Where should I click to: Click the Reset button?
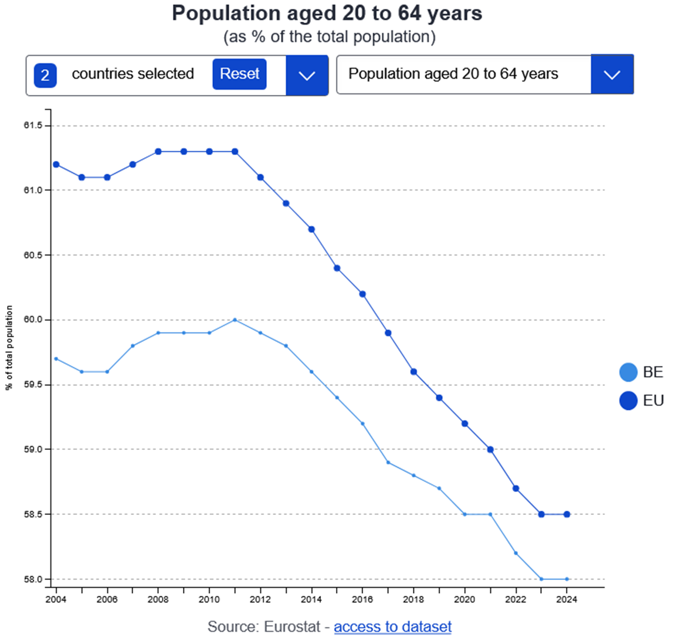pyautogui.click(x=239, y=74)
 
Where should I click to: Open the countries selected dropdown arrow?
pyautogui.click(x=307, y=75)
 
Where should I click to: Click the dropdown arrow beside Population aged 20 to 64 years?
pyautogui.click(x=612, y=74)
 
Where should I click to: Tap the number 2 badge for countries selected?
pyautogui.click(x=45, y=76)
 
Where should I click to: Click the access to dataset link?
pyautogui.click(x=392, y=626)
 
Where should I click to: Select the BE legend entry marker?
pyautogui.click(x=628, y=372)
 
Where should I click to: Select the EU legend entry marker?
pyautogui.click(x=628, y=401)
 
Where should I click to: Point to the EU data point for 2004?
pyautogui.click(x=56, y=164)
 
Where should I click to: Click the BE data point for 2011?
pyautogui.click(x=235, y=320)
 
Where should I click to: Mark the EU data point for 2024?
pyautogui.click(x=567, y=514)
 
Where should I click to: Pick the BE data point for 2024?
pyautogui.click(x=567, y=579)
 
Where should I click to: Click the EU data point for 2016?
pyautogui.click(x=362, y=294)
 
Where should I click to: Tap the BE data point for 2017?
pyautogui.click(x=388, y=462)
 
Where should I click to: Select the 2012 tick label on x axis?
pyautogui.click(x=260, y=599)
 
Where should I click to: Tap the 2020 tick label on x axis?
pyautogui.click(x=465, y=599)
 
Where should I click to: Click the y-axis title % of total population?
pyautogui.click(x=9, y=348)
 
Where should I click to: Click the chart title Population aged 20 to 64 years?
pyautogui.click(x=327, y=13)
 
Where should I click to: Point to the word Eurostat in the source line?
pyautogui.click(x=291, y=626)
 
